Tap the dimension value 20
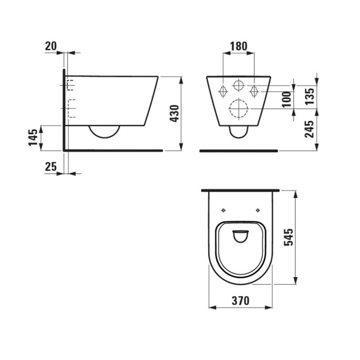(51, 45)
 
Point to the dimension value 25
(51, 166)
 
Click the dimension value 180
(238, 45)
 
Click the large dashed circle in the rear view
(238, 108)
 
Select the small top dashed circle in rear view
(238, 85)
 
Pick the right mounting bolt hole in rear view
(254, 90)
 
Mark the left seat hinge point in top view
(224, 210)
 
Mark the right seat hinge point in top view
(258, 210)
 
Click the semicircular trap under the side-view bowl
(104, 131)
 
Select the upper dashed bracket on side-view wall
(70, 84)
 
